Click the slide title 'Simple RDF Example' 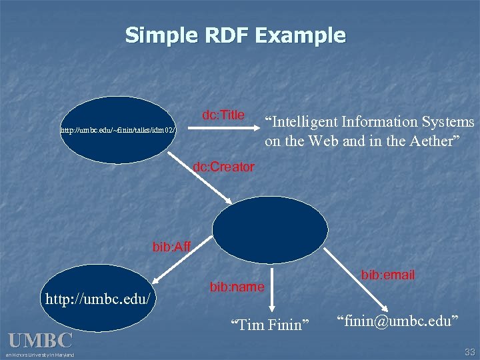point(235,35)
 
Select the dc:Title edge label point(223,115)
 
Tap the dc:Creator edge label point(223,167)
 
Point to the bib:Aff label point(171,248)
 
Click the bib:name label point(237,287)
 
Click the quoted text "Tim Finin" point(270,325)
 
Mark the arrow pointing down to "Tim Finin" point(270,290)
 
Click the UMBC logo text point(40,341)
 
